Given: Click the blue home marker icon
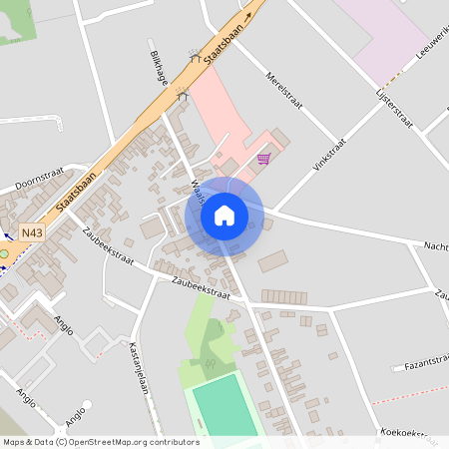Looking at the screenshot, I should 224,216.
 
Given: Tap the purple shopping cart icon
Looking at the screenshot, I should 263,158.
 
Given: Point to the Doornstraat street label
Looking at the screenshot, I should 39,177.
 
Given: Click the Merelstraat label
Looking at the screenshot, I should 283,89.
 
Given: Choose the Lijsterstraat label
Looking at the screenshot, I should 394,106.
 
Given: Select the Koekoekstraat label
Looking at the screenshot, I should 409,435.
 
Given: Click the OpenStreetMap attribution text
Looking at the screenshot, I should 101,441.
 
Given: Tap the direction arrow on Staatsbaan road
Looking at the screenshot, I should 246,17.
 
